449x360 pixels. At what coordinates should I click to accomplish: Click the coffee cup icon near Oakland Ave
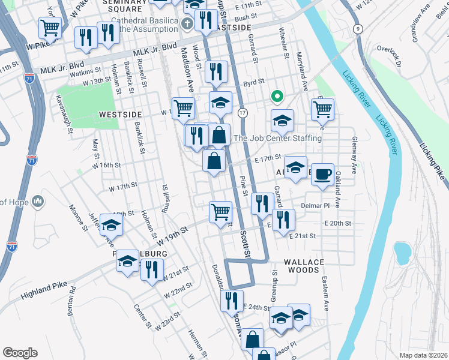click(322, 174)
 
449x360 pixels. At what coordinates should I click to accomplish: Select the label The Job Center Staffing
click(277, 138)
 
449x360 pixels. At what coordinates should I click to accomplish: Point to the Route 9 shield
click(358, 29)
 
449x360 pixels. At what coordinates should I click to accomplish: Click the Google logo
click(20, 353)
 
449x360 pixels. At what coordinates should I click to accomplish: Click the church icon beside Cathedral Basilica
click(187, 24)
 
